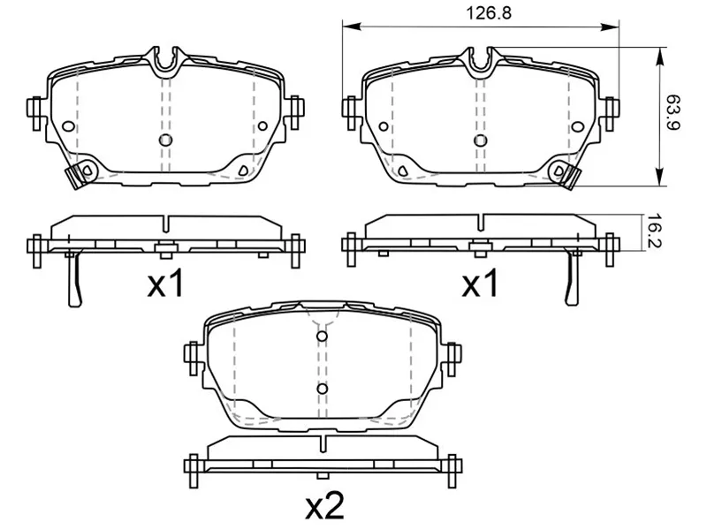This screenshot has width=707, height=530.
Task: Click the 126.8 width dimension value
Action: coord(489,13)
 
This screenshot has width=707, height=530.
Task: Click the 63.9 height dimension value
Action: coord(673,112)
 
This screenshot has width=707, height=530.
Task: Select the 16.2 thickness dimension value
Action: coord(654,231)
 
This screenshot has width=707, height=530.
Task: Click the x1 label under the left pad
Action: coord(166,283)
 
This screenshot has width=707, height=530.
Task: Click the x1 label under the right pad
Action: coord(480,283)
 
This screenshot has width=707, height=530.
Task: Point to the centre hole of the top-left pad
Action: coord(165,140)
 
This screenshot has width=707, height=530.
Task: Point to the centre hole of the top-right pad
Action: coord(480,140)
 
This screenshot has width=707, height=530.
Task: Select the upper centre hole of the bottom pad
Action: coord(322,337)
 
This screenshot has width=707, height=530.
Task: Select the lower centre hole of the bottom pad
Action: coord(322,389)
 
